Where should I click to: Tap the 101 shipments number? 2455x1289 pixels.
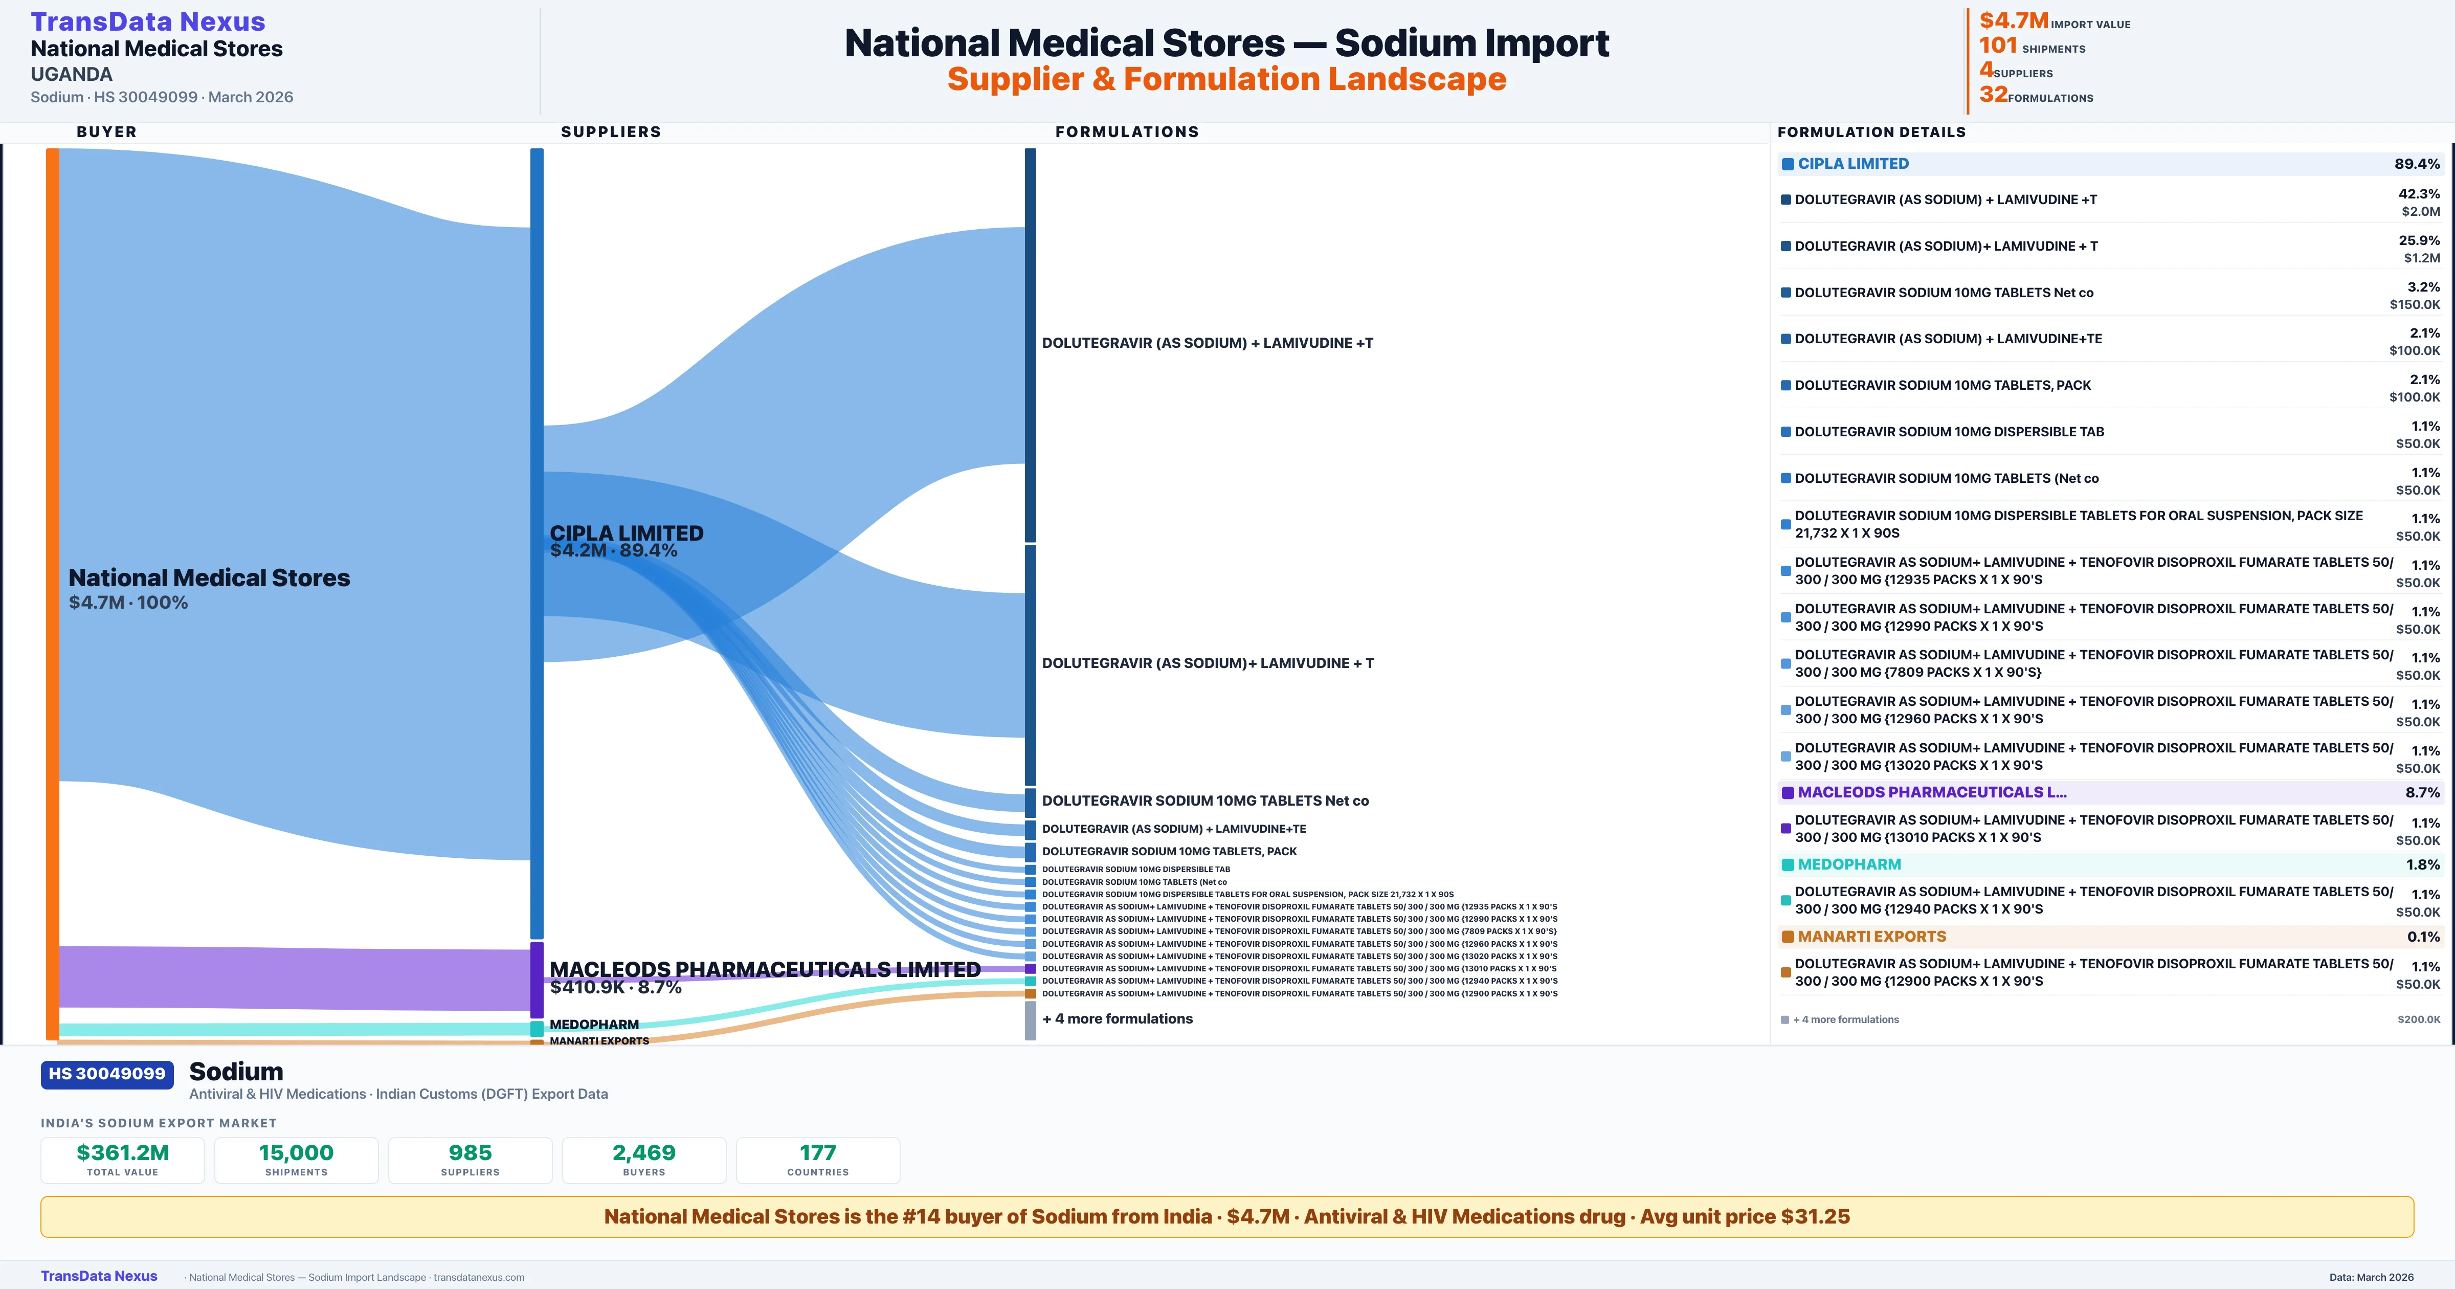1998,46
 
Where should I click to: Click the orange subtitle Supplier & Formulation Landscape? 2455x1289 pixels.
1226,79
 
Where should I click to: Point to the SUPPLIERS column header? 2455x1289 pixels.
610,131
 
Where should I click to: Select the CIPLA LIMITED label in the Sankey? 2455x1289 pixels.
626,533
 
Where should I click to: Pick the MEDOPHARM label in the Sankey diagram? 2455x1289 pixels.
594,1024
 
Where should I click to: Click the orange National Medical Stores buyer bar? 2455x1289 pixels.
52,591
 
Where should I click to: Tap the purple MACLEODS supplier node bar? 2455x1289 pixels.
537,979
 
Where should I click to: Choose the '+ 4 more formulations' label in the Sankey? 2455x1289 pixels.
1117,1018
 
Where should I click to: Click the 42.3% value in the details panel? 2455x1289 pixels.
2419,193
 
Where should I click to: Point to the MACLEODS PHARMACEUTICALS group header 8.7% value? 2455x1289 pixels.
2422,792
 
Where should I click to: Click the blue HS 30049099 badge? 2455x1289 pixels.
107,1074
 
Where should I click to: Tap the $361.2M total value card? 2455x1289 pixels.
122,1160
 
